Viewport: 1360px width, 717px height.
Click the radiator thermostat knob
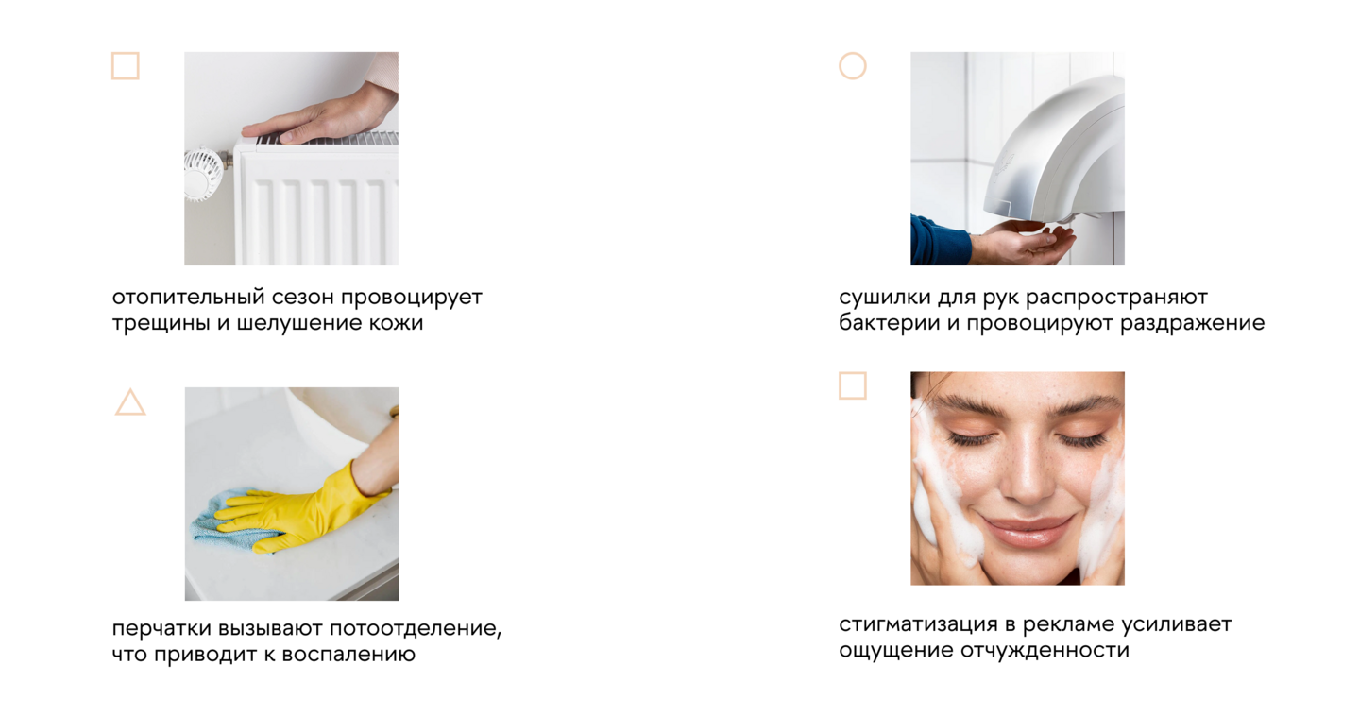tap(202, 174)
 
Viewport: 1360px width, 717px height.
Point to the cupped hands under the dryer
tap(1026, 243)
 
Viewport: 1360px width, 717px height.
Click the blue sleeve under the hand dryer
tap(938, 241)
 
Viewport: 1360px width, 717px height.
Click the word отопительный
tap(189, 298)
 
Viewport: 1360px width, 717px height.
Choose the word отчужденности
tap(1045, 651)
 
